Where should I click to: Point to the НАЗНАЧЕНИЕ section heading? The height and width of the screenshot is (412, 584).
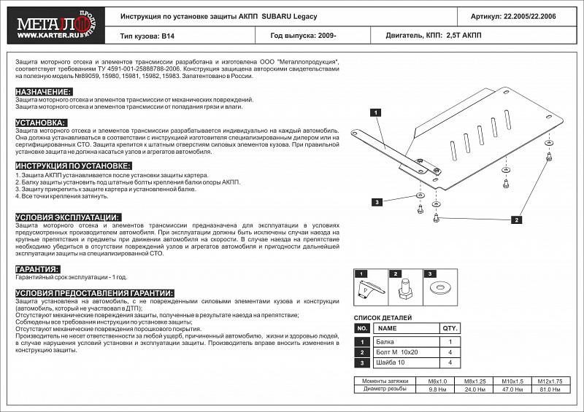(x=43, y=91)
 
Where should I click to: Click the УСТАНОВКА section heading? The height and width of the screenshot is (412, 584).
(x=41, y=123)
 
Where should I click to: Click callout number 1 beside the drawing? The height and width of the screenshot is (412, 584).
(x=374, y=113)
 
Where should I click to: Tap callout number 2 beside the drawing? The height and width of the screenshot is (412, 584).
(x=515, y=219)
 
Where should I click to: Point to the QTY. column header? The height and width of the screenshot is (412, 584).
(x=450, y=330)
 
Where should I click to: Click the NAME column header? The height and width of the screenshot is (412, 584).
(x=387, y=330)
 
